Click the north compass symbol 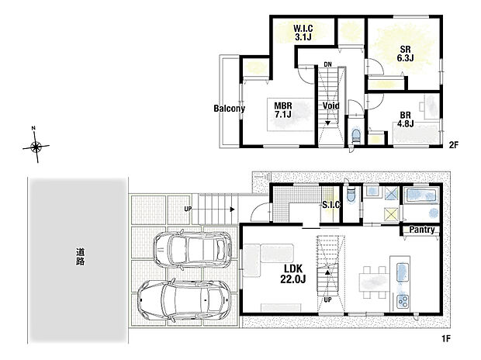pos(36,147)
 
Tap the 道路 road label pos(79,257)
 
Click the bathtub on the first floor pos(423,195)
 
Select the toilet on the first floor pos(351,195)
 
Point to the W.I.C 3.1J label pos(303,33)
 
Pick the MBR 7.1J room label pos(282,109)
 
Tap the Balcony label pos(230,109)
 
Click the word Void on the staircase pos(330,106)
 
